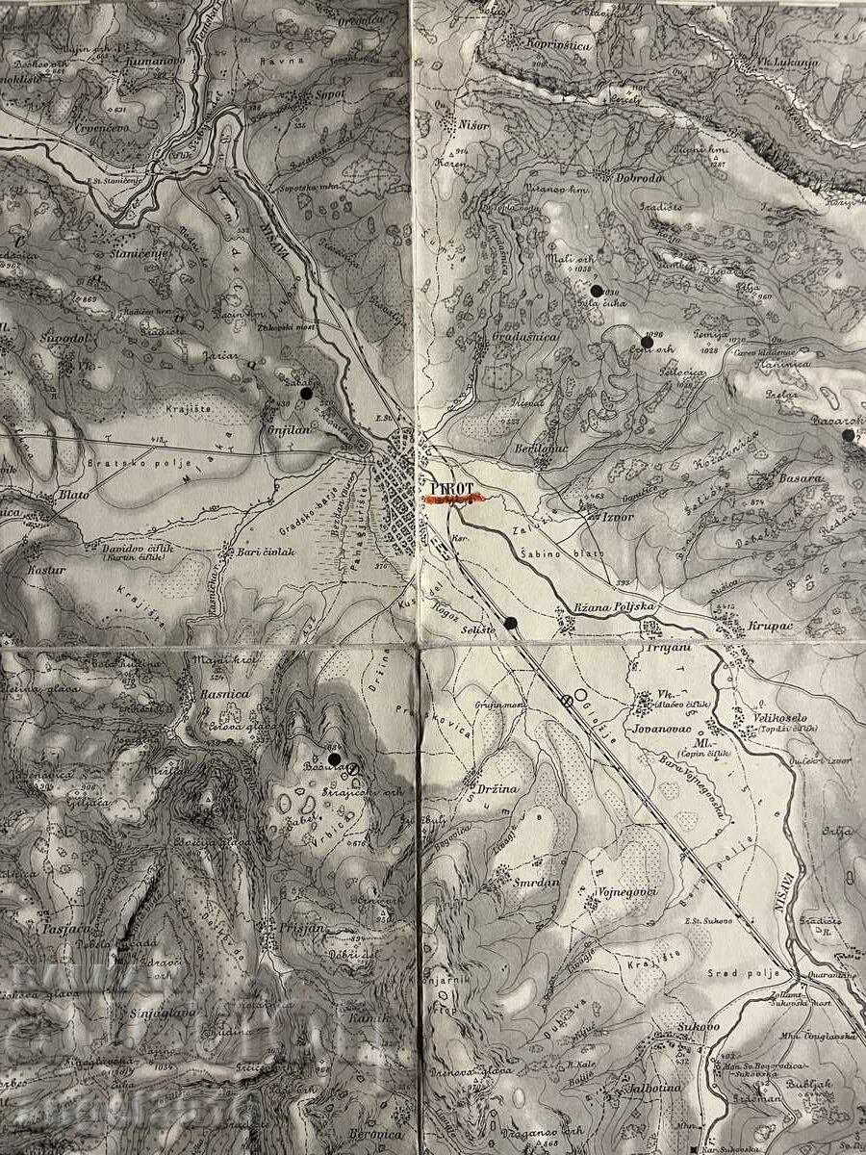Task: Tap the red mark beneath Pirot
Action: click(x=457, y=500)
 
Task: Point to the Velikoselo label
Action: click(x=787, y=718)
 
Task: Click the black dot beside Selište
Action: click(x=511, y=623)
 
